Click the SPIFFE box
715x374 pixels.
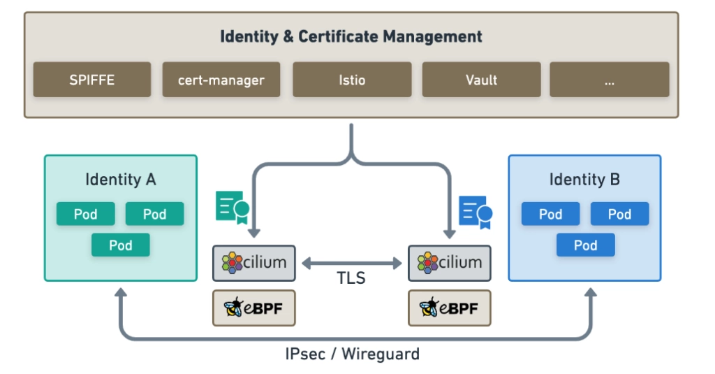coord(91,80)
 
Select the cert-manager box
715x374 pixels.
coord(221,80)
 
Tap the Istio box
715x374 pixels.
coord(351,80)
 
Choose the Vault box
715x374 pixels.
coord(481,80)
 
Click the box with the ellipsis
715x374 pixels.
coord(609,80)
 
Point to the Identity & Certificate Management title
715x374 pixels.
coord(351,36)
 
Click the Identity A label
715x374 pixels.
coord(121,180)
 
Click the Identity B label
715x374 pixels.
coord(584,180)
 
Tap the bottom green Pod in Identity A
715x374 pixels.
coord(121,245)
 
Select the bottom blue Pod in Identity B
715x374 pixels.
coord(585,245)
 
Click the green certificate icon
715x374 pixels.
coord(233,207)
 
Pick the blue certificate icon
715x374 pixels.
coord(476,211)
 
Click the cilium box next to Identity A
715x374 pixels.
coord(254,264)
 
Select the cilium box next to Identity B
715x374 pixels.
coord(449,264)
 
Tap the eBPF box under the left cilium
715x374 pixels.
coord(254,308)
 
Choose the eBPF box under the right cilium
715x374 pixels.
coord(449,308)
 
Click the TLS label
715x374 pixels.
coord(351,278)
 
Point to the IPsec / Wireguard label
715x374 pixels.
coord(353,354)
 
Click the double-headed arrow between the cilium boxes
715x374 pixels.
coord(351,264)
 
